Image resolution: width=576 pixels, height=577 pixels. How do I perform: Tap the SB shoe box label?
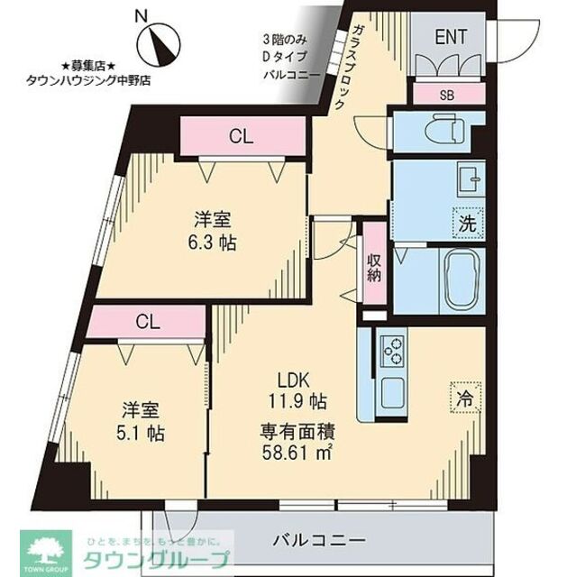point(447,94)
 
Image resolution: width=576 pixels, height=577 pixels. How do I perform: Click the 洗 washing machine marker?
point(468,222)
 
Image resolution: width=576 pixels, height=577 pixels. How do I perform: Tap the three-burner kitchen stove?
point(392,350)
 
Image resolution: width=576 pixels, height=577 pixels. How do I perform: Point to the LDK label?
point(288,379)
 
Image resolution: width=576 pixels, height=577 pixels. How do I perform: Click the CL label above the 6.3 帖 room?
point(240,137)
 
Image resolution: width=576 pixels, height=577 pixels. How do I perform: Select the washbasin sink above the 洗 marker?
point(468,179)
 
